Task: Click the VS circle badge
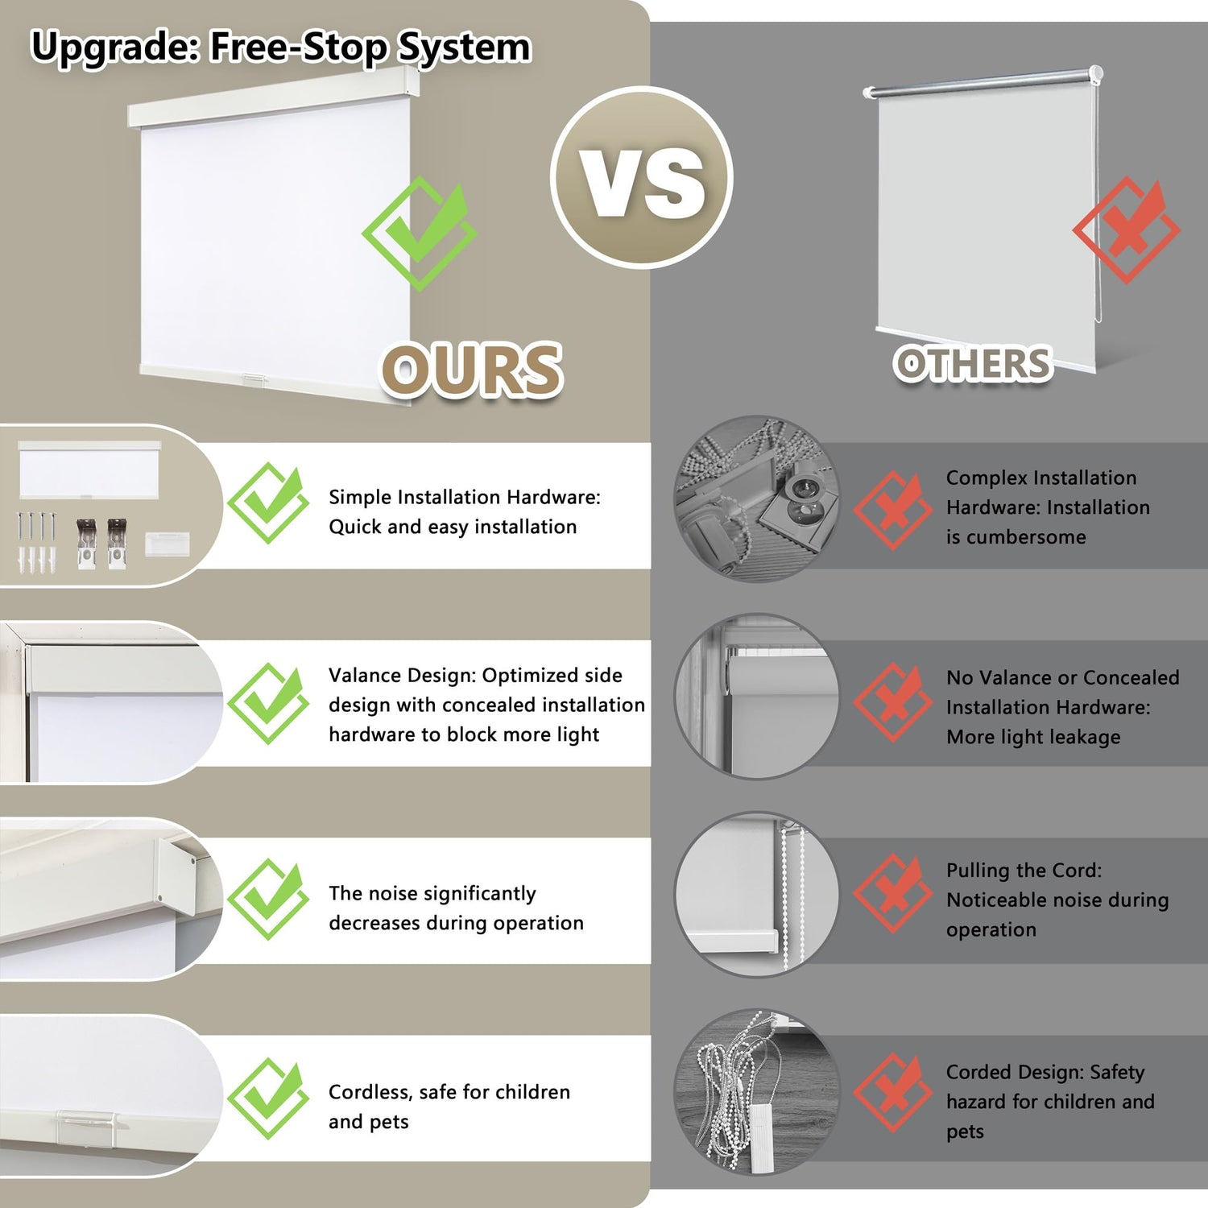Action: tap(642, 177)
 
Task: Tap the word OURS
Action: tap(471, 370)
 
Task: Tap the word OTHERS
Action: tap(973, 363)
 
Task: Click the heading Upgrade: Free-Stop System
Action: tap(281, 47)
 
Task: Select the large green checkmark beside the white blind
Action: tap(419, 234)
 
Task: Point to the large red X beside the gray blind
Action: tap(1126, 230)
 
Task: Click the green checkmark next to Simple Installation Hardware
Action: tap(268, 503)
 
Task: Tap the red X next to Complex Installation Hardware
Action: tap(892, 510)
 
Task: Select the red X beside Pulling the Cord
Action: tap(892, 893)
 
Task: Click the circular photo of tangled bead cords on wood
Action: tap(756, 1092)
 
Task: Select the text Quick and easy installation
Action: tap(453, 527)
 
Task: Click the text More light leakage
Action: tap(1033, 737)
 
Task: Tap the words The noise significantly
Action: tap(432, 893)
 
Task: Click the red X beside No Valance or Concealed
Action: tap(892, 701)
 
